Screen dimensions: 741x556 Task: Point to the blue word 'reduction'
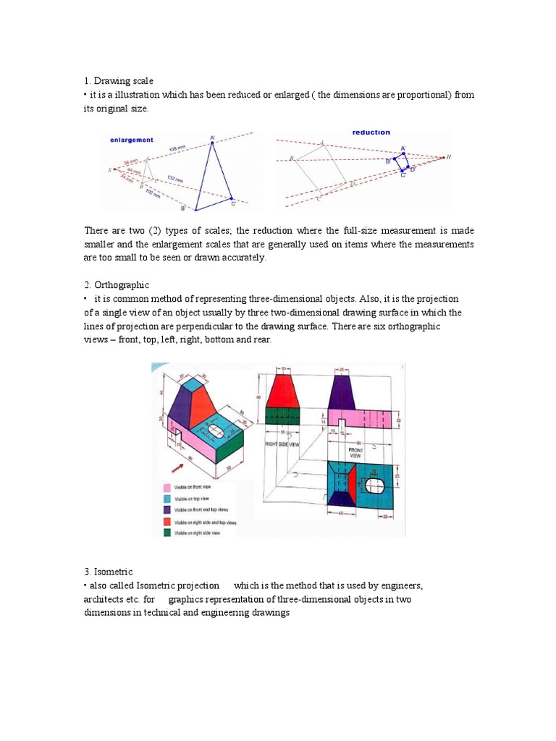point(371,132)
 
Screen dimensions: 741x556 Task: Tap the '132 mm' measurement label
point(174,179)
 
